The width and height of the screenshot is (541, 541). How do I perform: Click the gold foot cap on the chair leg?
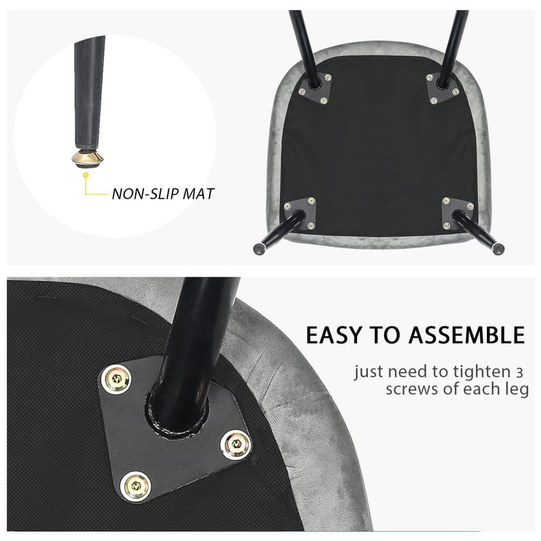click(87, 158)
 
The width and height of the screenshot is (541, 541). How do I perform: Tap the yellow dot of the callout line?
click(86, 175)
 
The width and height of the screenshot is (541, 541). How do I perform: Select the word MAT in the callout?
click(198, 194)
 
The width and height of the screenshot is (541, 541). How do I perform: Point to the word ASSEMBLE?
click(467, 335)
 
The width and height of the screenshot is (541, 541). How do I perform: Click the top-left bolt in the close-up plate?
click(117, 379)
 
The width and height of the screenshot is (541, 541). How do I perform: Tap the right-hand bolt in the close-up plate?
click(236, 445)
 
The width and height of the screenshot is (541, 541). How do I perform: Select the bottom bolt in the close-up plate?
click(136, 486)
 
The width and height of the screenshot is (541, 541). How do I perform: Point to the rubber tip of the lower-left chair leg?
click(258, 248)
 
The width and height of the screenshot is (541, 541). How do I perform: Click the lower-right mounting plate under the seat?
click(458, 213)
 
